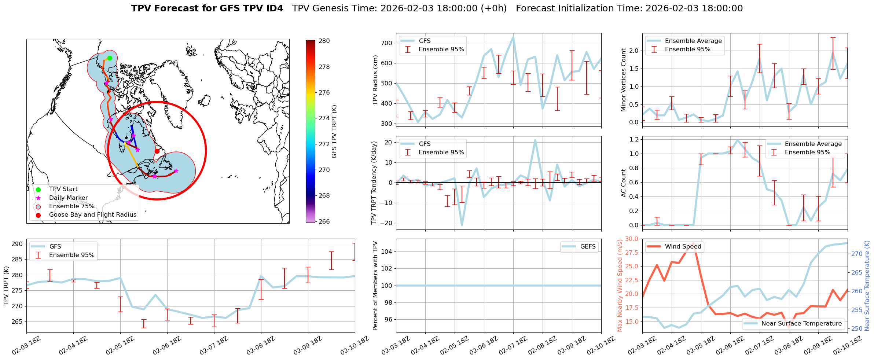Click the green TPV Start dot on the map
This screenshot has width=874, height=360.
click(x=110, y=58)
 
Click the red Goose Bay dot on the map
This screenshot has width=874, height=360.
click(x=157, y=151)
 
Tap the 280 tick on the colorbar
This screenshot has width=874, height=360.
click(x=324, y=41)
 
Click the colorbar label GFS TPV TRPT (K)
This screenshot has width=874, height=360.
click(x=334, y=132)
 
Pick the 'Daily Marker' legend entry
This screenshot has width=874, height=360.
click(x=68, y=198)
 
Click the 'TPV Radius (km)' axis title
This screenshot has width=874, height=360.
click(x=375, y=80)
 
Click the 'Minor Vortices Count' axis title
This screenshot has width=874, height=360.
click(x=623, y=80)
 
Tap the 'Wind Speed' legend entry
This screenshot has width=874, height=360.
click(x=683, y=247)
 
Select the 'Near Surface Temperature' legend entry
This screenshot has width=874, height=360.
click(x=801, y=324)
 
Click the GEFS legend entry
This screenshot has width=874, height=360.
click(x=588, y=247)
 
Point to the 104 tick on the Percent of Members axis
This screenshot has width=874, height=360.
click(x=388, y=251)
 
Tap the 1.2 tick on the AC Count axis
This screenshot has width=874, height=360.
click(x=634, y=139)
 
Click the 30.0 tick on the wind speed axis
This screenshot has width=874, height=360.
click(x=631, y=239)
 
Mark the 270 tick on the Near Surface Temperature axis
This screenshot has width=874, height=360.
click(x=856, y=254)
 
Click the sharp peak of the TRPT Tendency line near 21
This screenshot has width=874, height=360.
click(x=535, y=140)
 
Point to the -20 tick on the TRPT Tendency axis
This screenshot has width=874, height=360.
click(x=386, y=223)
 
